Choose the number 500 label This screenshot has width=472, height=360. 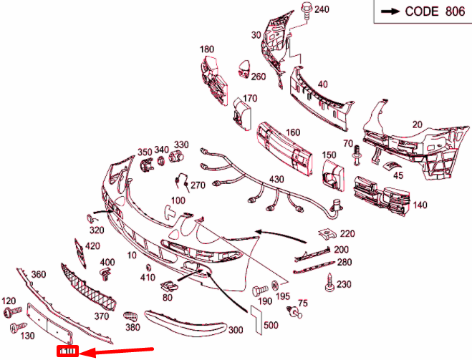click(271, 326)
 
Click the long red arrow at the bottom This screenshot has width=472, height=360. click(118, 351)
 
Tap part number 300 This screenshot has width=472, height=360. click(235, 331)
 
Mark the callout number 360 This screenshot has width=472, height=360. click(38, 274)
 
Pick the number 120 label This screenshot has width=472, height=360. click(9, 301)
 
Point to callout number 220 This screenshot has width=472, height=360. click(347, 233)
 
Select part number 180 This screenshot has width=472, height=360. click(207, 49)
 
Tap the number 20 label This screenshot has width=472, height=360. click(417, 124)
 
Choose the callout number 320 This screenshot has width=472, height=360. click(96, 230)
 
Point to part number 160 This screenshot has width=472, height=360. click(293, 132)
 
